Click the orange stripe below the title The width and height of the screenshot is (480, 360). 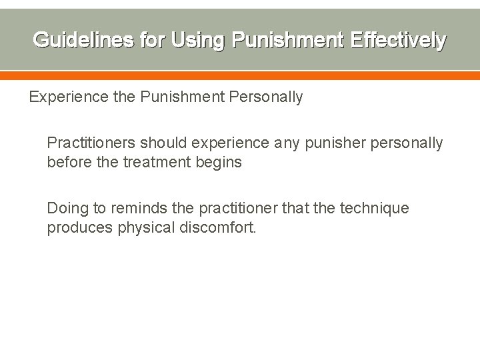(240, 76)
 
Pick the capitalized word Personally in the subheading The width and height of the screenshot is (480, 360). (265, 97)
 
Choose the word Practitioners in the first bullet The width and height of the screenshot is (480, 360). (90, 143)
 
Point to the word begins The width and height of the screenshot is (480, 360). (217, 162)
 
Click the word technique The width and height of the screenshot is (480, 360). (375, 209)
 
